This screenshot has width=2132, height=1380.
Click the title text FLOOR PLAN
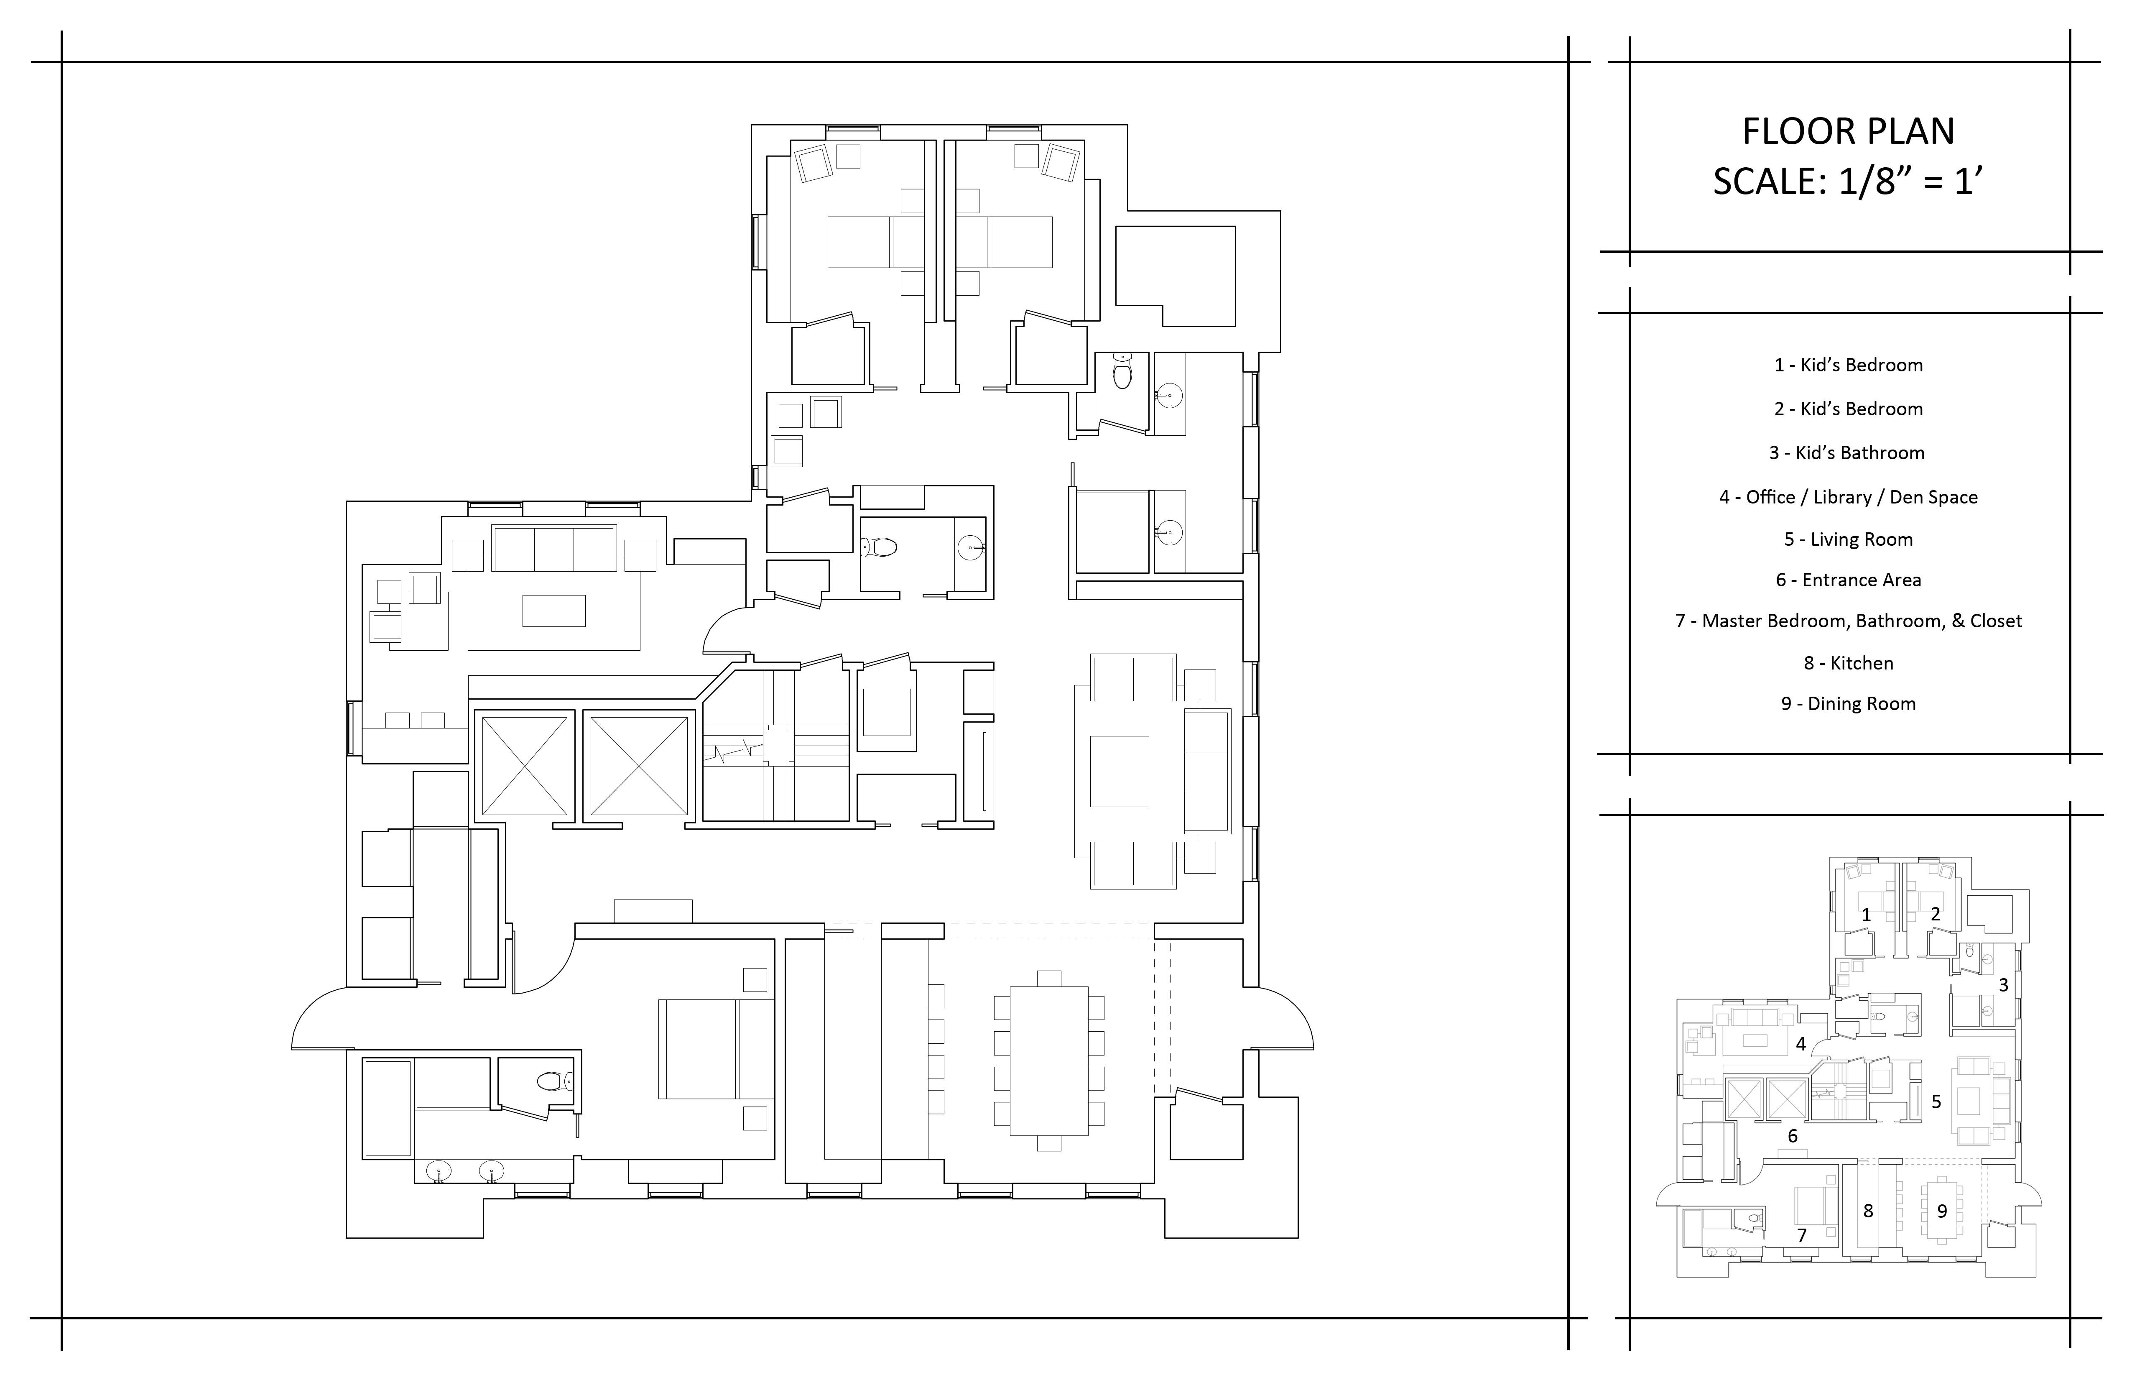(1848, 132)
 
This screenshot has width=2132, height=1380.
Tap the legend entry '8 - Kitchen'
(1848, 663)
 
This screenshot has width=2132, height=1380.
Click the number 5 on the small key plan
(1936, 1101)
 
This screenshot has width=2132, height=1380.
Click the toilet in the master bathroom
(554, 1081)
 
